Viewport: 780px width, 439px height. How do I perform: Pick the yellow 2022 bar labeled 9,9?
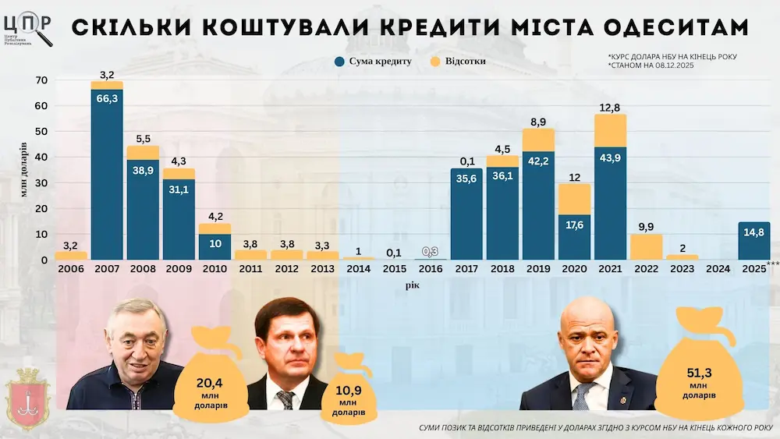(x=645, y=246)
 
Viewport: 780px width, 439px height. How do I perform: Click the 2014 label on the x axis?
(x=358, y=269)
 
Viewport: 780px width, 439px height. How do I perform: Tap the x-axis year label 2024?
(x=718, y=269)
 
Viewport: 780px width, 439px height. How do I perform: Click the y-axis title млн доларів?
(x=24, y=169)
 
